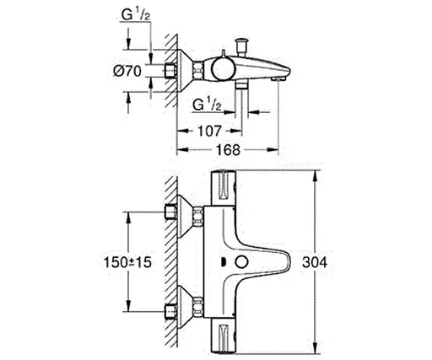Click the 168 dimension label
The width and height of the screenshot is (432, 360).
point(222,149)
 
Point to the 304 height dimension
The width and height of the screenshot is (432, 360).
point(337,262)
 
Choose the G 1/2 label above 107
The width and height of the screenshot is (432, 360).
point(208,105)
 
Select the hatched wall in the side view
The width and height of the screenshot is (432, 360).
point(170,67)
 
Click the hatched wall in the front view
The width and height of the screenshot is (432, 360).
point(170,261)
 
